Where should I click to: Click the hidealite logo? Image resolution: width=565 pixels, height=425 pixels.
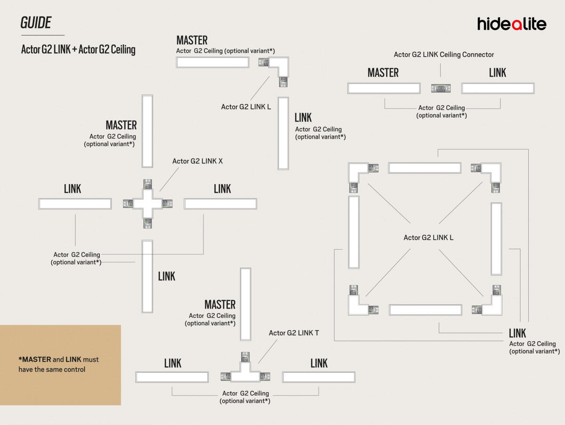click(x=511, y=24)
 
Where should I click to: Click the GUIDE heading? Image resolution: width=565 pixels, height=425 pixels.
click(x=36, y=23)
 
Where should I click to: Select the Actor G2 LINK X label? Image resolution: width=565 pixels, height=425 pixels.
click(x=197, y=161)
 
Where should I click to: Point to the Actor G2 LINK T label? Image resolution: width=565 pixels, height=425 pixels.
click(x=294, y=333)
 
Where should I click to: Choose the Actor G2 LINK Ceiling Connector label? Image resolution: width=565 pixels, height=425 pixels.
click(x=444, y=55)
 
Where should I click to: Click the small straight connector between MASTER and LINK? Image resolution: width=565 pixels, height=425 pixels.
click(x=441, y=88)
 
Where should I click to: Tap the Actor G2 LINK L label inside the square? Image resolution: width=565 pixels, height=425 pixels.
click(x=428, y=237)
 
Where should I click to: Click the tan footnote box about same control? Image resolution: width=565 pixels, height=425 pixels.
click(x=60, y=365)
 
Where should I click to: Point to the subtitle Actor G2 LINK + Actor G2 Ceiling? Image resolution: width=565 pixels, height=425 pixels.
click(x=78, y=50)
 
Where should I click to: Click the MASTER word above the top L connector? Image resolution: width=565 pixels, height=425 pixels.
click(x=192, y=40)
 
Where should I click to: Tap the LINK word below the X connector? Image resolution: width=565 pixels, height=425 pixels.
click(x=167, y=276)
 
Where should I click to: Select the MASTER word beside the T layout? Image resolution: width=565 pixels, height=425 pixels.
click(x=220, y=304)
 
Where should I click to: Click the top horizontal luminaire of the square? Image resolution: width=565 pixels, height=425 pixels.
click(x=424, y=168)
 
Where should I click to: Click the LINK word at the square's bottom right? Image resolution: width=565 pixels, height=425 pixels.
click(x=517, y=333)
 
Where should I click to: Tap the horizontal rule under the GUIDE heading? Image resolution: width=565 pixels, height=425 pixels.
click(x=42, y=35)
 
